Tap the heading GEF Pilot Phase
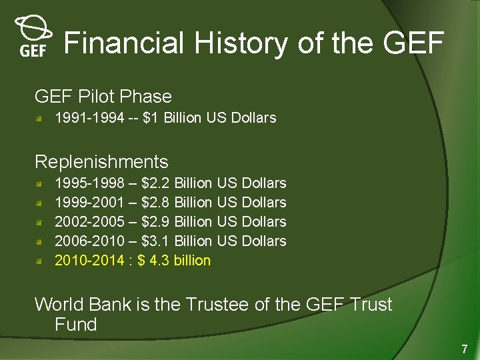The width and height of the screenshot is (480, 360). (x=103, y=97)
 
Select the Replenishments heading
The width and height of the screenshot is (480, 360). (x=101, y=162)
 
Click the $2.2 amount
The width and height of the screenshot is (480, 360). (x=156, y=183)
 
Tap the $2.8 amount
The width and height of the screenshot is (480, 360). (x=156, y=203)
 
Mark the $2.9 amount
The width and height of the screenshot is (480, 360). (x=156, y=222)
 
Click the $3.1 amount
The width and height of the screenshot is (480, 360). (x=156, y=241)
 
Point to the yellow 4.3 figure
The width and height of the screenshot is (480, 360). (x=159, y=261)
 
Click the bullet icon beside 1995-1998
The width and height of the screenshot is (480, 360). (x=41, y=183)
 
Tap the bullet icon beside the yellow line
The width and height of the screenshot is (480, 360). (x=41, y=261)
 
